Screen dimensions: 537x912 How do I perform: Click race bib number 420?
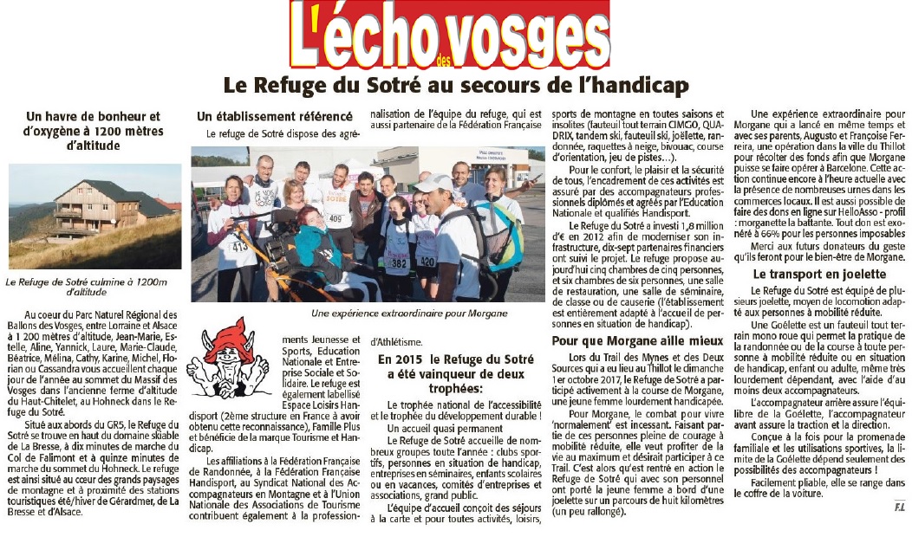[x=427, y=260]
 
